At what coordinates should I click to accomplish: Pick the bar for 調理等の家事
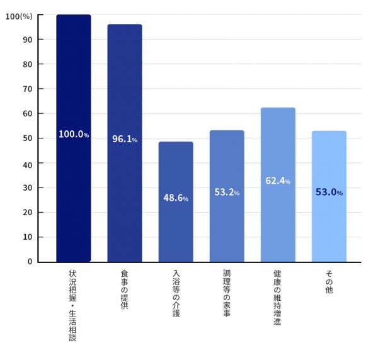[227, 227]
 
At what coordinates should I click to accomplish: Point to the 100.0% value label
[74, 135]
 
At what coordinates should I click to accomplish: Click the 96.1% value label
[125, 139]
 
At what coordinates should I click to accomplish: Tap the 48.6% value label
[176, 198]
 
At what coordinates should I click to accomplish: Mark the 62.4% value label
[278, 181]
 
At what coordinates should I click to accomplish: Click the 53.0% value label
[329, 193]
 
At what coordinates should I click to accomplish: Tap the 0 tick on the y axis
[30, 262]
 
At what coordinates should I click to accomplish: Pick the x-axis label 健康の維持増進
[277, 298]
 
